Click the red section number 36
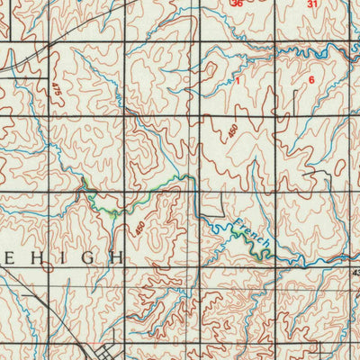pyautogui.click(x=237, y=4)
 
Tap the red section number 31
pyautogui.click(x=312, y=4)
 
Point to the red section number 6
pyautogui.click(x=311, y=80)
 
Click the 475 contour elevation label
pyautogui.click(x=56, y=91)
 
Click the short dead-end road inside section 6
pyautogui.click(x=294, y=103)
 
